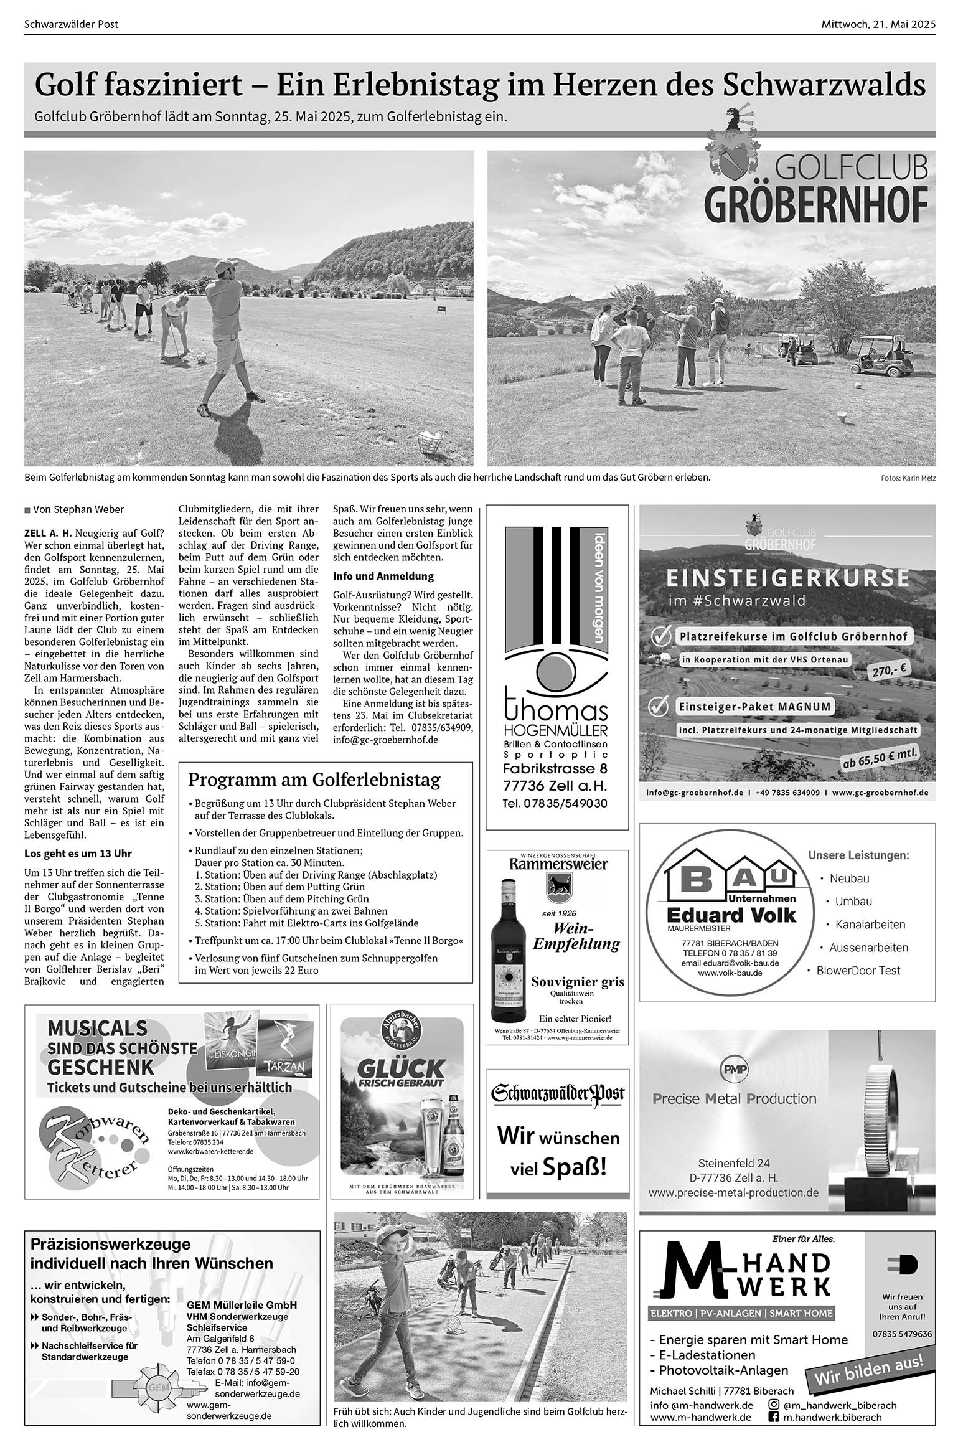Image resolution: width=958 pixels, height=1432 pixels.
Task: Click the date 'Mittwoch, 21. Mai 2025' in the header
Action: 878,24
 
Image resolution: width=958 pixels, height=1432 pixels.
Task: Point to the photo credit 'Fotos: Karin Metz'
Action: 908,478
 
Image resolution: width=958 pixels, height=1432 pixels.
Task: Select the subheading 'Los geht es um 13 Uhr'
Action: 78,853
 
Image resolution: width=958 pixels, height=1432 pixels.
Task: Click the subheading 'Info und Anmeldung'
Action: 383,576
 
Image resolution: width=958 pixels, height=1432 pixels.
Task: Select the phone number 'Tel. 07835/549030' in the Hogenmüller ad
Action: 555,803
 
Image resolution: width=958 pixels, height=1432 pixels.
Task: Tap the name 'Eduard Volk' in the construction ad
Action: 731,915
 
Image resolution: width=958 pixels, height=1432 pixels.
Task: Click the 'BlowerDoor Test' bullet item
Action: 858,970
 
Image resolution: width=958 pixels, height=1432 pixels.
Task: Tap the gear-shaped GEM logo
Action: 154,1388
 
